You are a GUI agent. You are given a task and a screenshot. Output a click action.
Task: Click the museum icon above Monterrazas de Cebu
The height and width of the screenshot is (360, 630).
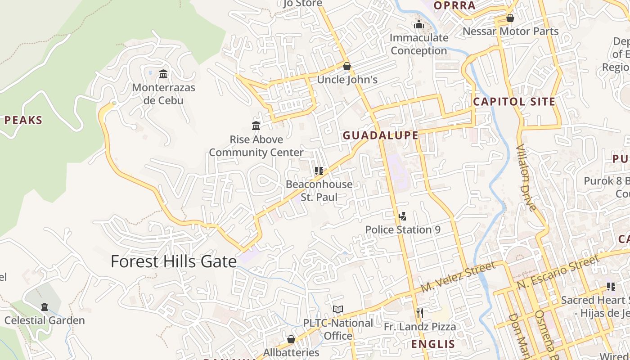coord(163,74)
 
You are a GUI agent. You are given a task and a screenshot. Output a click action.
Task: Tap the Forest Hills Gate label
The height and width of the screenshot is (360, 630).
coord(174,261)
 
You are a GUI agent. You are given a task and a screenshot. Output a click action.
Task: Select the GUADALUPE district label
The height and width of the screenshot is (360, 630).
coord(381,135)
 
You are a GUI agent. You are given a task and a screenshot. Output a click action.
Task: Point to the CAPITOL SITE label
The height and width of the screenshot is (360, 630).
coord(514,102)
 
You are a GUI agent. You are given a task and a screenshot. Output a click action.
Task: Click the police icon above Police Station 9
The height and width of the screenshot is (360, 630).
coord(402,216)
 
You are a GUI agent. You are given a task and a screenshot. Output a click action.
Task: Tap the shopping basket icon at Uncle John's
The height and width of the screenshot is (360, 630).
coord(346,67)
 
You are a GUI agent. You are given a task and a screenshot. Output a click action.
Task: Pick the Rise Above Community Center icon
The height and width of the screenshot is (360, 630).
coord(256,126)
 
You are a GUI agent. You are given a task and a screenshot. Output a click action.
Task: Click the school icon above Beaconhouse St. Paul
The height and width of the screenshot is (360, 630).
coord(319,171)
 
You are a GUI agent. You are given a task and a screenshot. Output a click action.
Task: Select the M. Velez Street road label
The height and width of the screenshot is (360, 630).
coord(458,277)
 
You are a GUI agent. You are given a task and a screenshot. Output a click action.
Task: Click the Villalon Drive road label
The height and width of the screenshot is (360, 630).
coord(526,178)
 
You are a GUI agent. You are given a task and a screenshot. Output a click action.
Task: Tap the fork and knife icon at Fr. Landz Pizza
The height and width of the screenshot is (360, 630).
coord(419,313)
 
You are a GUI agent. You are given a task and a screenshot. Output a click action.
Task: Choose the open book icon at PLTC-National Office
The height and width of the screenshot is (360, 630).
coord(337,310)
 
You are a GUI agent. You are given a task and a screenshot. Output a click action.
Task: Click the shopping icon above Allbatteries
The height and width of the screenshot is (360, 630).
coord(291,339)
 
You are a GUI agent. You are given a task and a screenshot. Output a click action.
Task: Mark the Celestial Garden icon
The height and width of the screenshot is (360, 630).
coord(44,307)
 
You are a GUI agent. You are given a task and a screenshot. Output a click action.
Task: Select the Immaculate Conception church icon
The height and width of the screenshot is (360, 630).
coord(419,24)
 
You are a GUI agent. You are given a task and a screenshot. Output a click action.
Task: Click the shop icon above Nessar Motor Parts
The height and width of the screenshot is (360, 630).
coord(510,18)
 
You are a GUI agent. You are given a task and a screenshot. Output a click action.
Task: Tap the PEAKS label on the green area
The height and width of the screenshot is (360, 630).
coord(23,121)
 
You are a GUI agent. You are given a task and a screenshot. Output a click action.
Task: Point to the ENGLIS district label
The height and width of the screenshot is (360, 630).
coord(433,344)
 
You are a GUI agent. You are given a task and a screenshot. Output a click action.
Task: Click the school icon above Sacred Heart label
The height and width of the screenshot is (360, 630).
coord(611,287)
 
